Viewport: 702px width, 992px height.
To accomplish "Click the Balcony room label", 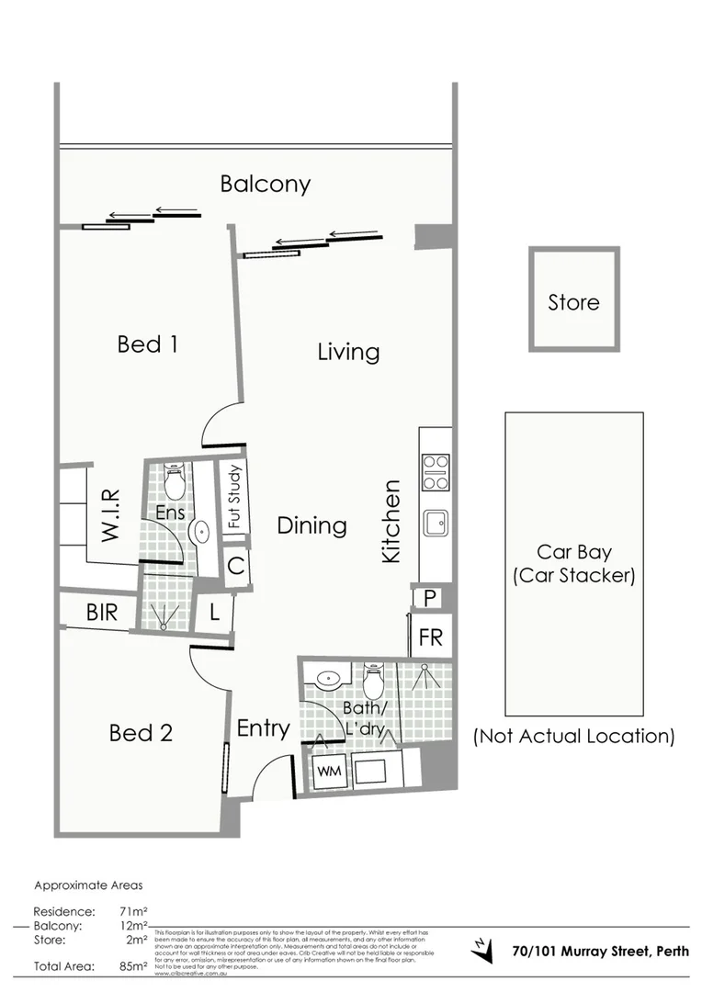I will click(265, 184).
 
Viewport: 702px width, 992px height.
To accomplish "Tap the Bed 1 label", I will click(147, 344).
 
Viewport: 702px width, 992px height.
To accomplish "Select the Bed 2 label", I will click(141, 733).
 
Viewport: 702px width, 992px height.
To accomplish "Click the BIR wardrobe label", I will click(102, 613).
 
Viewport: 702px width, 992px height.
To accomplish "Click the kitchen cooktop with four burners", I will click(436, 472).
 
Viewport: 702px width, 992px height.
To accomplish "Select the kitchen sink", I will click(436, 524).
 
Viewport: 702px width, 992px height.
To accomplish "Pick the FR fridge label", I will click(431, 637).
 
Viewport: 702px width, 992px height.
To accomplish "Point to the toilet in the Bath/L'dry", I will click(373, 682).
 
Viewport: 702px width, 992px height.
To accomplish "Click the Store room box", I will click(573, 300).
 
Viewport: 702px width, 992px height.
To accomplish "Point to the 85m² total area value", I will click(133, 966).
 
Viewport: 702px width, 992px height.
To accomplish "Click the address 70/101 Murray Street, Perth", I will click(600, 952).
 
